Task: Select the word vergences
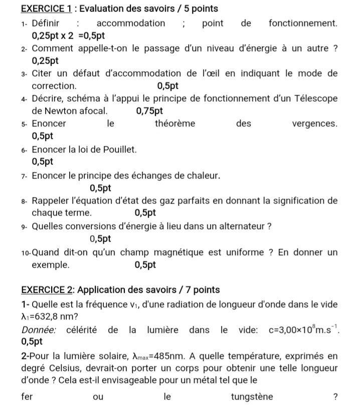(314, 123)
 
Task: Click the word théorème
(175, 123)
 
